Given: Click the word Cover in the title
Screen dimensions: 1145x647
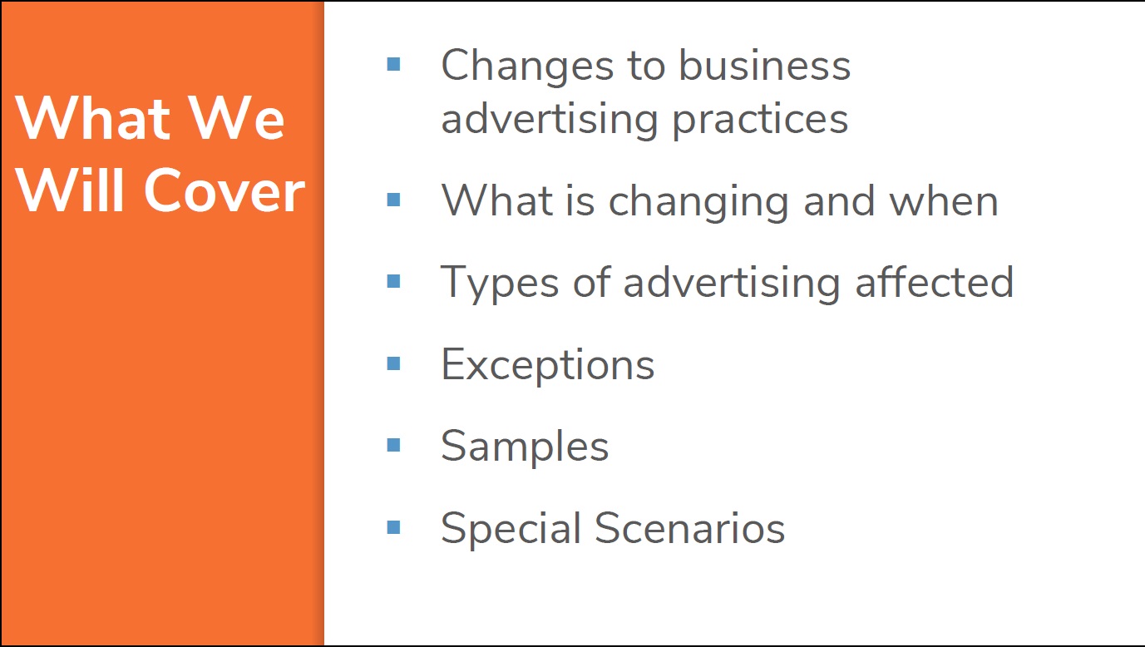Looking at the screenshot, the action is (225, 190).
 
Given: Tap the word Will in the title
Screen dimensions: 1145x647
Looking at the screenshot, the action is (70, 190).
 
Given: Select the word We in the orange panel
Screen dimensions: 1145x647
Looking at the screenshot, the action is (235, 118).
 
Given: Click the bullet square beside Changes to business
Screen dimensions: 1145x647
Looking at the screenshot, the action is (393, 64).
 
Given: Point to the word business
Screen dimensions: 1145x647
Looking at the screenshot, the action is (765, 66).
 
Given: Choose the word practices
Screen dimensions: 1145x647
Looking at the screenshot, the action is (760, 120).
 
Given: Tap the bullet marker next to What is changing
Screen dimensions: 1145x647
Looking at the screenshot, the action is (393, 200).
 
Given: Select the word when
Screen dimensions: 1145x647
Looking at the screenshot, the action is (944, 201).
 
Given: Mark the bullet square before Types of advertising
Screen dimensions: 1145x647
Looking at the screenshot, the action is (393, 281).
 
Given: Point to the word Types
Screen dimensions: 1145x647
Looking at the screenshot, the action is (500, 284).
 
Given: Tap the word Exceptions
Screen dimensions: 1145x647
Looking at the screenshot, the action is (547, 366).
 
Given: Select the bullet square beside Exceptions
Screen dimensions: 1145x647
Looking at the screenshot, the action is (393, 363).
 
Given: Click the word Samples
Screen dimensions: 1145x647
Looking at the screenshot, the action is (525, 447).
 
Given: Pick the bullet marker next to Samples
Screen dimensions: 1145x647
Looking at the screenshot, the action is (393, 445).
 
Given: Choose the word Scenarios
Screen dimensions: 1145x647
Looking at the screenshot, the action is (689, 527).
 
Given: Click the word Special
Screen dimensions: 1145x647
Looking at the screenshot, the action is (511, 529).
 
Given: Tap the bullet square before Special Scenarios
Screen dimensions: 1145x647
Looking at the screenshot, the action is (393, 527).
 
